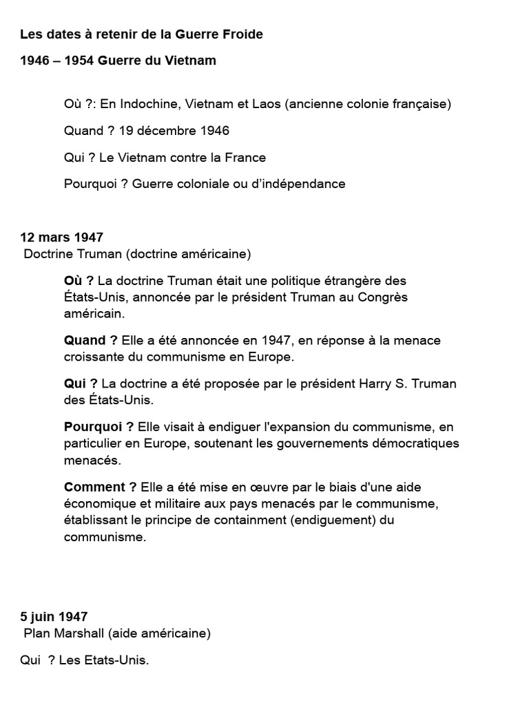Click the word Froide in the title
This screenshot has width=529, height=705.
click(x=242, y=34)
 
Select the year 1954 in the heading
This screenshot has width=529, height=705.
click(x=79, y=61)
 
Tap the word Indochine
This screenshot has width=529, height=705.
click(x=145, y=104)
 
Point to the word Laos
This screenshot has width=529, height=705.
click(x=265, y=104)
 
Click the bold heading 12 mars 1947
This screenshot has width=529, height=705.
click(x=62, y=238)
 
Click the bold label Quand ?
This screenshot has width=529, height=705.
click(x=90, y=340)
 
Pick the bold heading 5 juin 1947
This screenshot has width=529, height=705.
click(x=54, y=617)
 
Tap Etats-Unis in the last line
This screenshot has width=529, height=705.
click(x=103, y=660)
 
